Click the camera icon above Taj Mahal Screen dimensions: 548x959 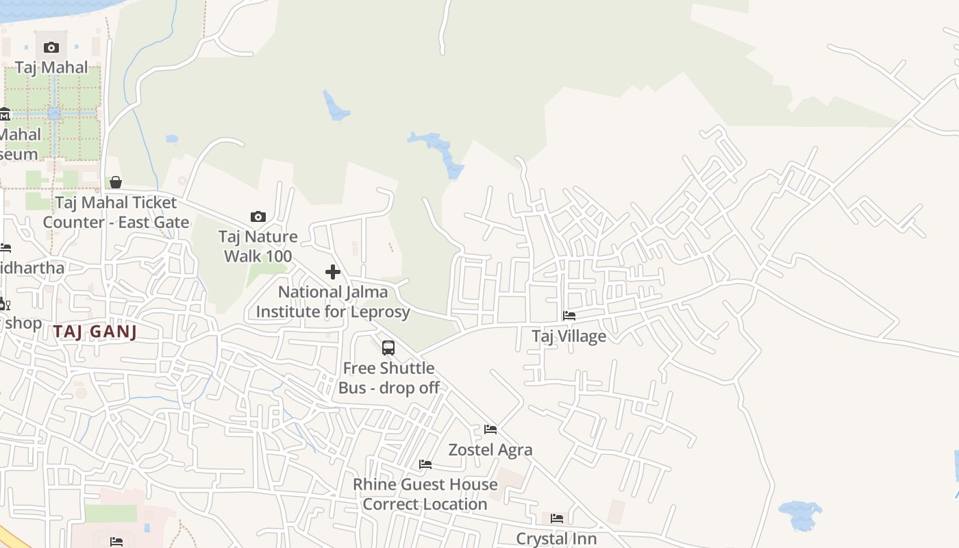point(51,47)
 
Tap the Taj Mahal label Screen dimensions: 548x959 point(51,67)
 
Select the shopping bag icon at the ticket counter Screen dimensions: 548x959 point(116,182)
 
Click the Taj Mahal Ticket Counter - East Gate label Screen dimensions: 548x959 point(116,212)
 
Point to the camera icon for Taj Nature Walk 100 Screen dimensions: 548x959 point(258,216)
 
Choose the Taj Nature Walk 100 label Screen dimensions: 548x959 point(258,247)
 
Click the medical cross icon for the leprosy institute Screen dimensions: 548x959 point(333,272)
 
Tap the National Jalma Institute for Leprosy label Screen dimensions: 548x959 point(333,301)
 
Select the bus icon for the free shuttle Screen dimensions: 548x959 point(388,348)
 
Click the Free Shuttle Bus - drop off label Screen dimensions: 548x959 point(388,377)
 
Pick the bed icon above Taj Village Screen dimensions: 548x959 point(569,316)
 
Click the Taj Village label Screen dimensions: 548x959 point(569,336)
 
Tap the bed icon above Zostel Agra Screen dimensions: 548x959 point(490,429)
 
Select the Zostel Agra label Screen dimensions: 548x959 point(490,450)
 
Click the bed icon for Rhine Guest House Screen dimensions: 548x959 point(425,464)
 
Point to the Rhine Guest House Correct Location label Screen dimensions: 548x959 point(425,494)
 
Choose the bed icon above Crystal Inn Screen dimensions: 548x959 point(557,519)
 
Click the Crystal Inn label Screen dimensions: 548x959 point(557,539)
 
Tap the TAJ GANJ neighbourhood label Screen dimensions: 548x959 point(95,332)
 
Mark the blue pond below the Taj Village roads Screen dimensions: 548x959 point(799,514)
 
